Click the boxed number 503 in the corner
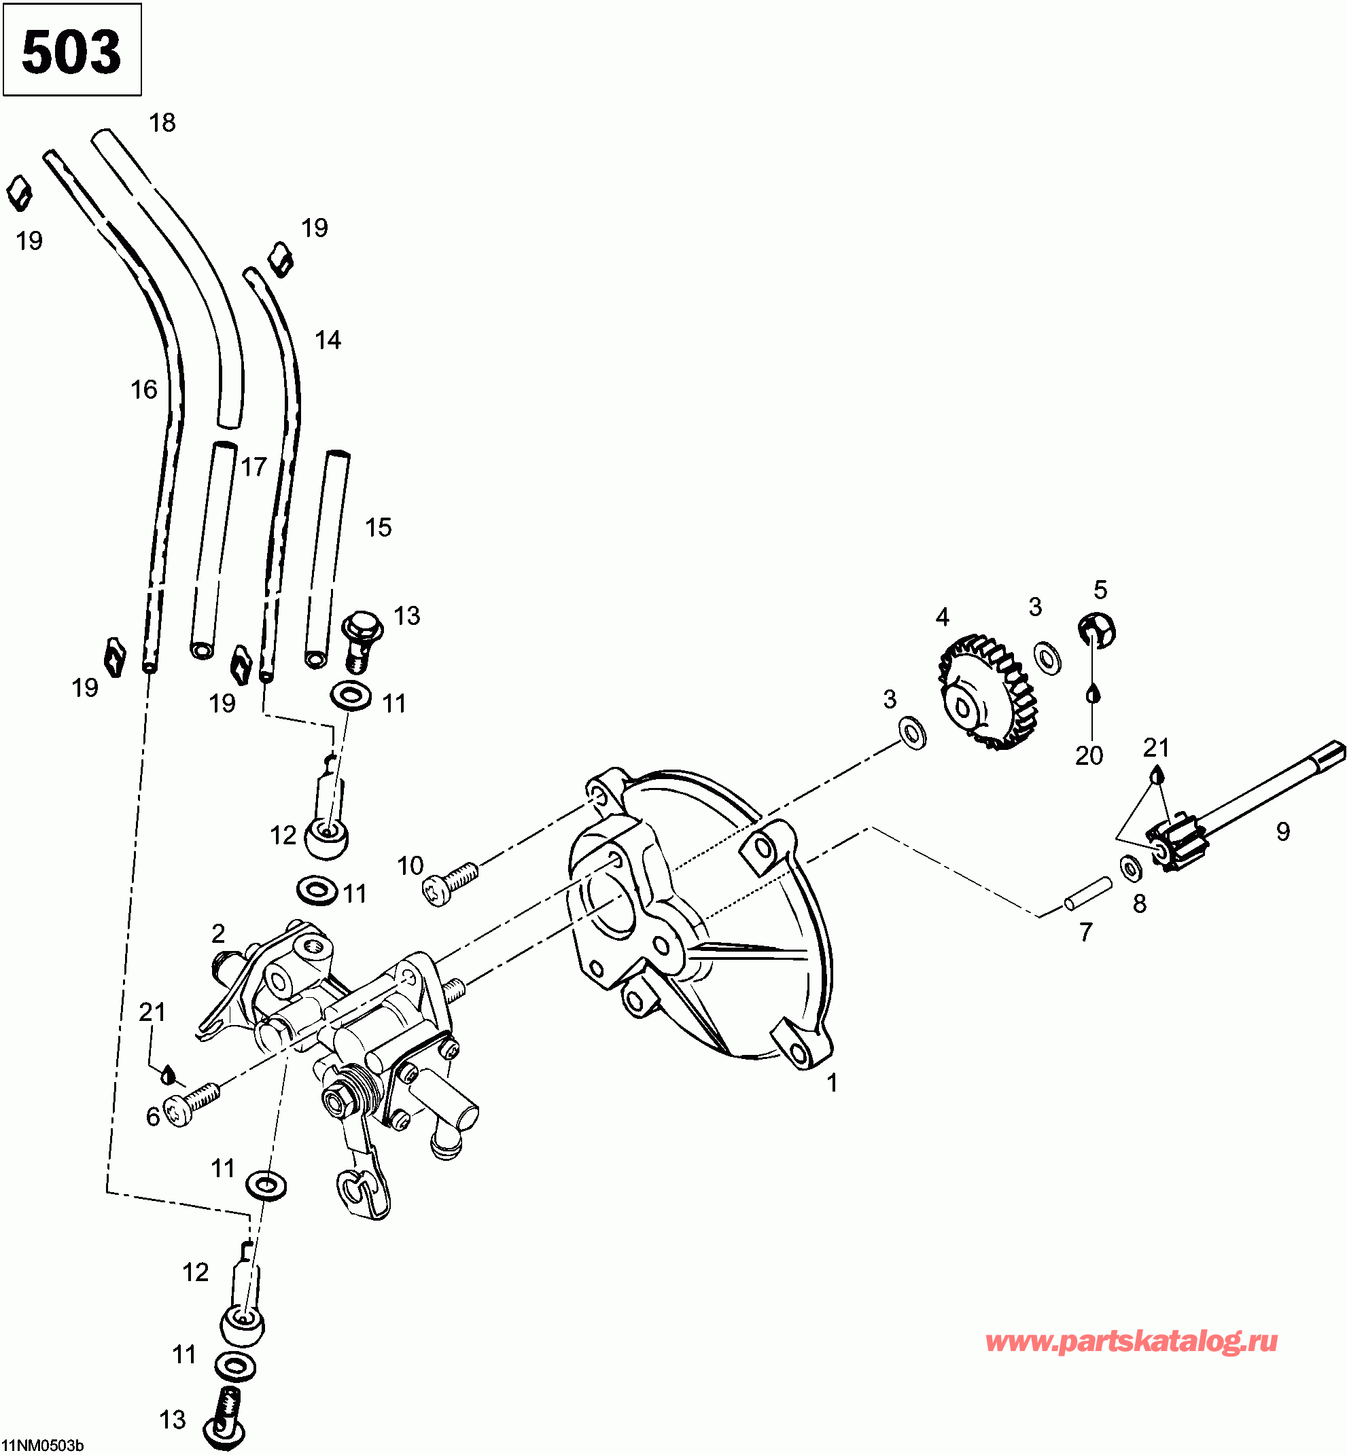[x=71, y=51]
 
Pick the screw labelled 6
[x=191, y=1102]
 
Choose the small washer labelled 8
[x=1130, y=867]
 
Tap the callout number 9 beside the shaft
[x=1282, y=831]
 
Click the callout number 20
[x=1089, y=755]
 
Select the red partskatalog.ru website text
[x=1132, y=1341]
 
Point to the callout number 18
[x=162, y=122]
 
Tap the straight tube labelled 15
[x=326, y=558]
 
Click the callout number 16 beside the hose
[x=143, y=390]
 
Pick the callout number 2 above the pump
[x=218, y=933]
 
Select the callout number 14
[x=328, y=340]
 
